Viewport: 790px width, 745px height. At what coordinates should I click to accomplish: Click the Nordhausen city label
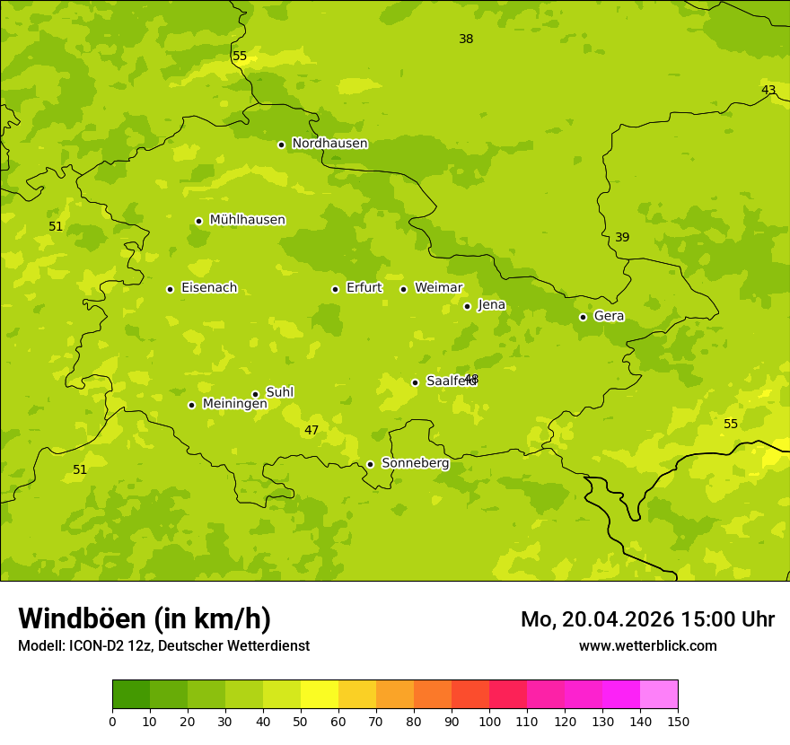point(329,144)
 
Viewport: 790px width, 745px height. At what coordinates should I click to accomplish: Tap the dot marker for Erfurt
point(335,289)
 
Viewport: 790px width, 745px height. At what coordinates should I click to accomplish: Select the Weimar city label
point(438,288)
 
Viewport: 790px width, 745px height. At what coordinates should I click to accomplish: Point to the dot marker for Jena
point(467,306)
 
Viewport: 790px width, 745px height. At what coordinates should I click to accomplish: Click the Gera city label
point(609,316)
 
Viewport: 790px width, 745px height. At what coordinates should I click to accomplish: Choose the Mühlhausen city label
point(247,220)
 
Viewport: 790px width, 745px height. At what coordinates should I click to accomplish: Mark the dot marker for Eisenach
point(170,289)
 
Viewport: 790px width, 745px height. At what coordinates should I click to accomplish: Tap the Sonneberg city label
point(415,463)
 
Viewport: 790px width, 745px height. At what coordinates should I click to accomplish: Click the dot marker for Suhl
point(255,394)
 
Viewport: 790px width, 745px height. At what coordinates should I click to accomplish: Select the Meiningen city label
point(234,404)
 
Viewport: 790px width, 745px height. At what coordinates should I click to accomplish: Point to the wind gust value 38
point(466,39)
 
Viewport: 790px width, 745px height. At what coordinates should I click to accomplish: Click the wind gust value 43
point(768,90)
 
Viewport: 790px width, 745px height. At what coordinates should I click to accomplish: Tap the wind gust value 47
point(312,430)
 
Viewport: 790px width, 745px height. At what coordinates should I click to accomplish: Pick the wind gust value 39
point(622,237)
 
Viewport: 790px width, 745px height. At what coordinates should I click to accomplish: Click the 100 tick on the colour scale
point(489,721)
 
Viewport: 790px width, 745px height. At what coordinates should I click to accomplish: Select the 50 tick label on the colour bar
point(301,721)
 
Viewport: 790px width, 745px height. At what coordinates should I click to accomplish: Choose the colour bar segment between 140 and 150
point(659,695)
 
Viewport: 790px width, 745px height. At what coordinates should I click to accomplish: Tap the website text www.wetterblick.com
point(647,645)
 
